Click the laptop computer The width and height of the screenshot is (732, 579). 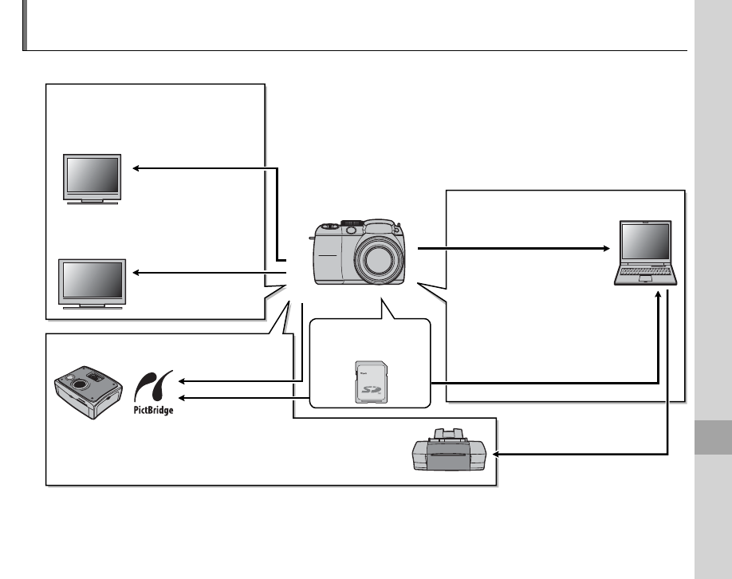coord(646,253)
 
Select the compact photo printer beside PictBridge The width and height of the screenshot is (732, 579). coord(86,390)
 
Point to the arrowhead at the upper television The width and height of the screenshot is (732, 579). coord(136,168)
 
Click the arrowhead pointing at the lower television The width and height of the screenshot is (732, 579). coord(136,273)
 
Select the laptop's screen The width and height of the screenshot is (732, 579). coord(647,243)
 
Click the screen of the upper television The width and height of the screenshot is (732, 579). coord(92,173)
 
